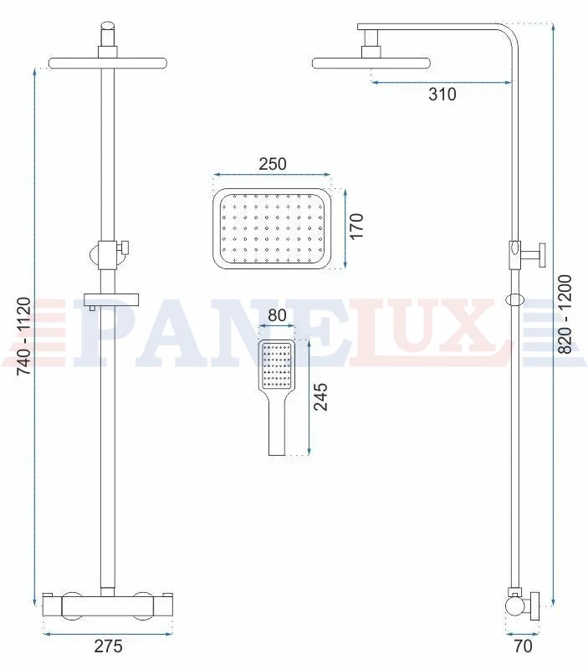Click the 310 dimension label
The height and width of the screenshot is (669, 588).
442,94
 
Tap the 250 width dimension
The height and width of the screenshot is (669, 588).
273,164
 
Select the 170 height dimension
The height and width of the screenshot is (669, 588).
355,226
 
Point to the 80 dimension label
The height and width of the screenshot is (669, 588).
277,315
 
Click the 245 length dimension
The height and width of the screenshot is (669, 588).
320,396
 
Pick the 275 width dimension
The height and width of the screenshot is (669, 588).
109,646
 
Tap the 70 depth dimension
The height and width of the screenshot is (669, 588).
523,646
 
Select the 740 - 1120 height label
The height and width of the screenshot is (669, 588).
23,336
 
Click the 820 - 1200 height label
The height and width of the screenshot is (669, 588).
565,314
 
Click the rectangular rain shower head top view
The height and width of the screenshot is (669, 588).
272,228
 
